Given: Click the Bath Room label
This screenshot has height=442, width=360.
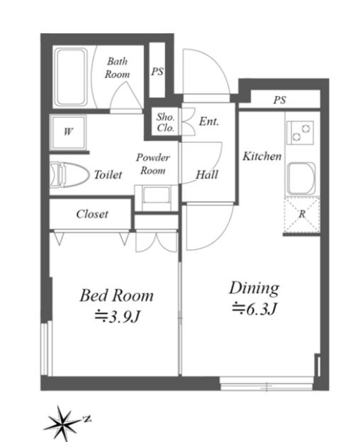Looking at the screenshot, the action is [117, 68].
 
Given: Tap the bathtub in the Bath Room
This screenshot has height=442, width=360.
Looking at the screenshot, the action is [72, 77].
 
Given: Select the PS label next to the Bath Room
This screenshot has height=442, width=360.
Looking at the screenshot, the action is [157, 71].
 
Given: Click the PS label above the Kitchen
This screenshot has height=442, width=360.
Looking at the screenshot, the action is [279, 100].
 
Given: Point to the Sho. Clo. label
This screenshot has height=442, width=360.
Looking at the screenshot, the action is [166, 123].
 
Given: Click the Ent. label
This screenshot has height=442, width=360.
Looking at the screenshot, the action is [209, 121].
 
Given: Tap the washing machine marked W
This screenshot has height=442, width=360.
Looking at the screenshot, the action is [68, 132].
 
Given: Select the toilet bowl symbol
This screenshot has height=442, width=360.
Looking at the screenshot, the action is [69, 174].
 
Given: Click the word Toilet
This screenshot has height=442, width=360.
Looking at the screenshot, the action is [108, 175].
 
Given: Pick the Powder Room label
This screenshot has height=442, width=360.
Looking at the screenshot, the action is [153, 164].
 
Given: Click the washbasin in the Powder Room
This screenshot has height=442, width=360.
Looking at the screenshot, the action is [157, 198].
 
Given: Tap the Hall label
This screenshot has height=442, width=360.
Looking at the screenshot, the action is [207, 175].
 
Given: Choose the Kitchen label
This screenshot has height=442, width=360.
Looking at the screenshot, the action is [262, 156].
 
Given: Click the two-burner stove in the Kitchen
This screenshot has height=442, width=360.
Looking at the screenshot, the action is [300, 132].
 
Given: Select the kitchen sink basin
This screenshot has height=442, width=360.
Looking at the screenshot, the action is [301, 178].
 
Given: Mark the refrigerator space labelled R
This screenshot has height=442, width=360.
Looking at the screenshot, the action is [302, 215].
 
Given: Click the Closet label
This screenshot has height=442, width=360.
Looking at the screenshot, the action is [92, 214].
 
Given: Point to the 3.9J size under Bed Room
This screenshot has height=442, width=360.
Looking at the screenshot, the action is [117, 317].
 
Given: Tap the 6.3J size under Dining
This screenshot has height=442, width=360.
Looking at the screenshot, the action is [254, 310].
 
